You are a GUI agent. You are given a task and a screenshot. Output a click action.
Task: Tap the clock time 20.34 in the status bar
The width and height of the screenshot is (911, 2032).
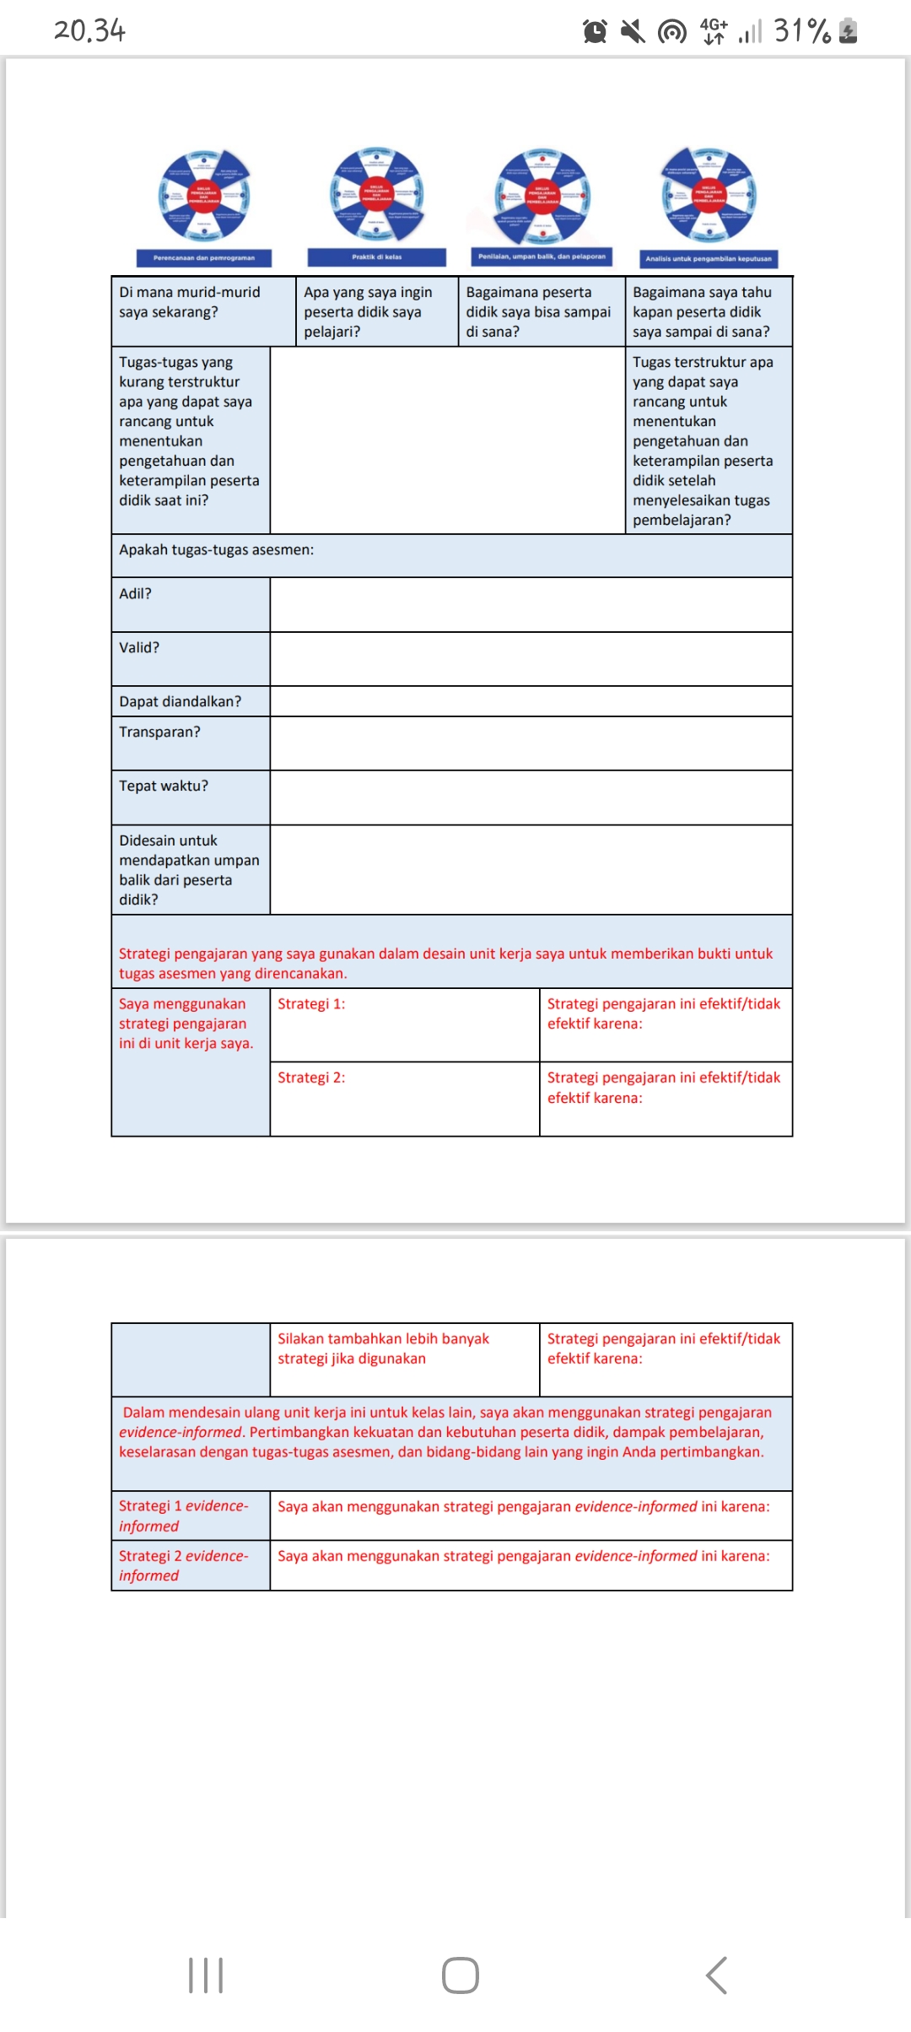click(x=89, y=31)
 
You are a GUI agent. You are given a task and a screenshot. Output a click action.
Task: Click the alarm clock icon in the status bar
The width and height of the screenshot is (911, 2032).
click(x=595, y=32)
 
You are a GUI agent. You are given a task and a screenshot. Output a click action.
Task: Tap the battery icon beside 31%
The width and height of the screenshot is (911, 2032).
click(x=849, y=31)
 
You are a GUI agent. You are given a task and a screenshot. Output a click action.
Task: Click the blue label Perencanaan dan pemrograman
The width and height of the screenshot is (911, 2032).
click(x=204, y=258)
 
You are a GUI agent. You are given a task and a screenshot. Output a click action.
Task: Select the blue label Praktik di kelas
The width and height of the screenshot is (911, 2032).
click(x=376, y=257)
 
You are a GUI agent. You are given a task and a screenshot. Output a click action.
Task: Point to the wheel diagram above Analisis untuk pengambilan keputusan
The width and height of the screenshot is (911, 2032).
click(x=709, y=196)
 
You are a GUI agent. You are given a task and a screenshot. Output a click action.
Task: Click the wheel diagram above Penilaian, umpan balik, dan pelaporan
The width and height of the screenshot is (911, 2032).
click(x=542, y=196)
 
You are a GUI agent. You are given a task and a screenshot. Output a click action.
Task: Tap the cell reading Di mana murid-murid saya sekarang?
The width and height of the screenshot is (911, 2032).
click(x=190, y=302)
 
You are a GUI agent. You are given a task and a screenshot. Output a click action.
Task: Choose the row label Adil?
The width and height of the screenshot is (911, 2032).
click(x=136, y=594)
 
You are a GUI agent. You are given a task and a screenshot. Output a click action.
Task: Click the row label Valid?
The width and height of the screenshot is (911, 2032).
click(x=139, y=648)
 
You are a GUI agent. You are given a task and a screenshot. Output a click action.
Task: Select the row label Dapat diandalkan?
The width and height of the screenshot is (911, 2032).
click(x=180, y=702)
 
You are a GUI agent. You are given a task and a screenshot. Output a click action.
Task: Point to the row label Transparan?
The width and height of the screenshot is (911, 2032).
click(x=159, y=732)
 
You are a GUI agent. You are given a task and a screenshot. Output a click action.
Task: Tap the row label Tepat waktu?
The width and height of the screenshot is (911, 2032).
click(x=164, y=786)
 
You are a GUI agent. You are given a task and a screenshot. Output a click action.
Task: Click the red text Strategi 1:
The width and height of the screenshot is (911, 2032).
click(x=311, y=1004)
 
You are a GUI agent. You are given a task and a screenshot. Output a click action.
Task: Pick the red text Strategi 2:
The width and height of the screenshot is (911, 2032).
click(x=311, y=1078)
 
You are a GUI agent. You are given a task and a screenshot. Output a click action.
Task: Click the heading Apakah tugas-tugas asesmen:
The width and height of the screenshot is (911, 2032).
click(x=216, y=550)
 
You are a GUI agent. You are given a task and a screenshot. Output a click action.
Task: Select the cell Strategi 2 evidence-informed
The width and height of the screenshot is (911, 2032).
click(x=184, y=1565)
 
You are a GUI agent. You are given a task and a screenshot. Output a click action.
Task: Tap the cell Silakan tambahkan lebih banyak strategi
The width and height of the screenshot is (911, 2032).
click(x=383, y=1348)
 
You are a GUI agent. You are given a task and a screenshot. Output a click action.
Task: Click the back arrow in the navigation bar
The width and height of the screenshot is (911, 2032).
click(x=716, y=1975)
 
